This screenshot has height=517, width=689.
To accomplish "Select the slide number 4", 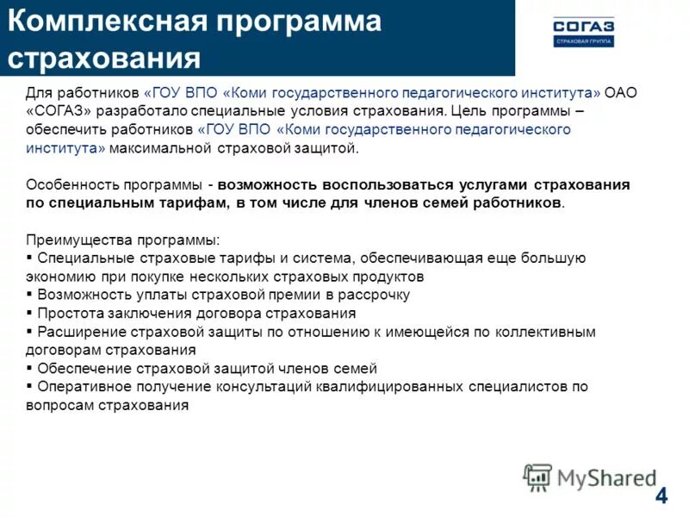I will pos(661,495).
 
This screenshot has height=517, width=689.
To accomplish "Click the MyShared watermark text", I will pos(607,477).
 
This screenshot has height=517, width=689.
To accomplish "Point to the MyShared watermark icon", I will pos(538,477).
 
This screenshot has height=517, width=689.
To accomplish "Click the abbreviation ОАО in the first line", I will pos(621,92).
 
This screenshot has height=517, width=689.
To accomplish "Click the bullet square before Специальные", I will pos(30,258).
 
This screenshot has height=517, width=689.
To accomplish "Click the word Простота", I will pos(65,313).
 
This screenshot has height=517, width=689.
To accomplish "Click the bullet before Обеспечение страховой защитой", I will pos(30,368).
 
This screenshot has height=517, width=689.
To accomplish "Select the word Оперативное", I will pos(78,387).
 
